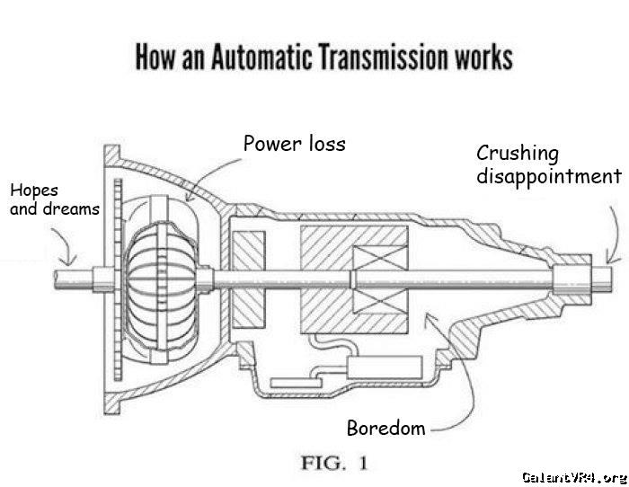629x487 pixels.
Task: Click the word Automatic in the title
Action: tap(261, 57)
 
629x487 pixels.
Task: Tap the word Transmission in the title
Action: tap(383, 57)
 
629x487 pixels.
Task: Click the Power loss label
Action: tap(295, 144)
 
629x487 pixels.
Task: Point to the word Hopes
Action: tap(34, 191)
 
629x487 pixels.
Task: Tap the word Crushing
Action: tap(517, 154)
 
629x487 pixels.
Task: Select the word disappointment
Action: tap(549, 176)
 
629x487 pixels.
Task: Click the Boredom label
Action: tap(385, 428)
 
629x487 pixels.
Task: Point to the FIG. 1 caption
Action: tap(334, 463)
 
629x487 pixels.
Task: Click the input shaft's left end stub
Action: tap(74, 279)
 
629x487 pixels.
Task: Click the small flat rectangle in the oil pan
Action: tap(296, 383)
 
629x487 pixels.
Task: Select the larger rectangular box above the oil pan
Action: tap(385, 367)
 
